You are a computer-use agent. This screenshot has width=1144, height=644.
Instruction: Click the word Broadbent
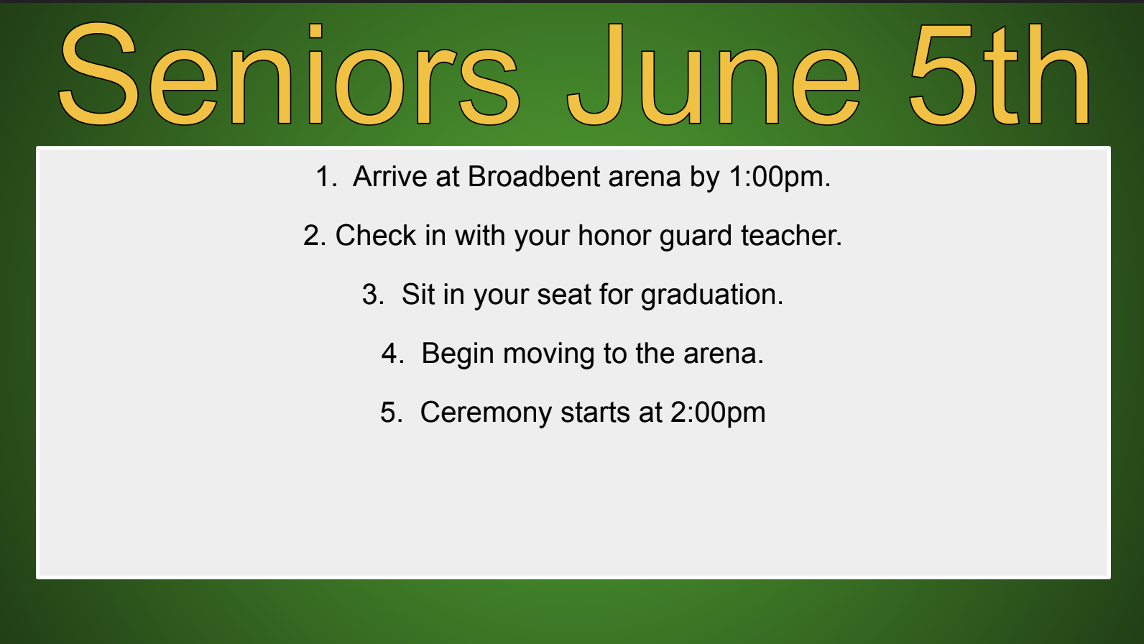533,177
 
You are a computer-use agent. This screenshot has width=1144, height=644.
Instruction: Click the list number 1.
326,177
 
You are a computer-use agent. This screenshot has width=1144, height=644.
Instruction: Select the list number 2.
315,236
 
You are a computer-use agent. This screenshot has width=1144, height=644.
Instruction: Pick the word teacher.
791,236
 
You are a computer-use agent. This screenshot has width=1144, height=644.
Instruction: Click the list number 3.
373,295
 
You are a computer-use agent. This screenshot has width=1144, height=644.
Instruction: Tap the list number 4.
393,354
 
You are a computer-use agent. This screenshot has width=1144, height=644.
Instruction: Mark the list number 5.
391,413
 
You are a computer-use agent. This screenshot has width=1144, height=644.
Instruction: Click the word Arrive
389,177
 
